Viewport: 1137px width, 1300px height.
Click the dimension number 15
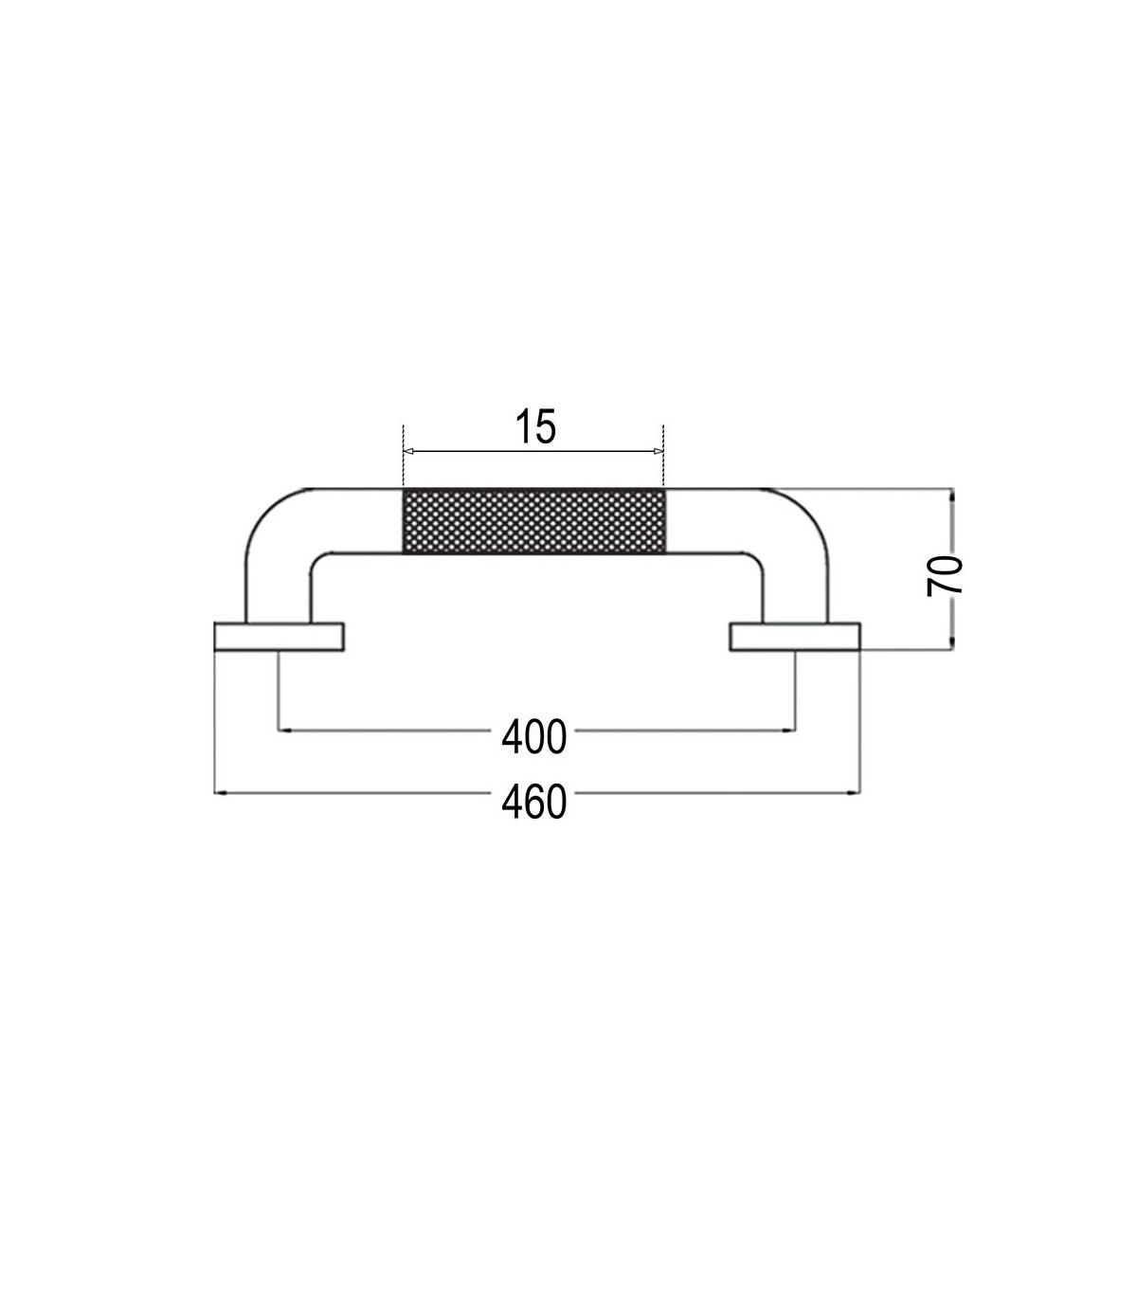pos(535,426)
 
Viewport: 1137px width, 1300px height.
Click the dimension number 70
pos(945,575)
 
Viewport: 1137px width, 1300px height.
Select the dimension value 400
pos(533,737)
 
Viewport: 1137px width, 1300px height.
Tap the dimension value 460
pos(533,802)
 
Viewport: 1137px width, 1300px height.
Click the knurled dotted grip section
pos(533,521)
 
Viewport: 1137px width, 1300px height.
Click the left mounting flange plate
pos(279,637)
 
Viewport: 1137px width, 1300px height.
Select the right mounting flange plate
pos(795,637)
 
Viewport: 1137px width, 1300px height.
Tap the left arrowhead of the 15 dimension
pos(408,451)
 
